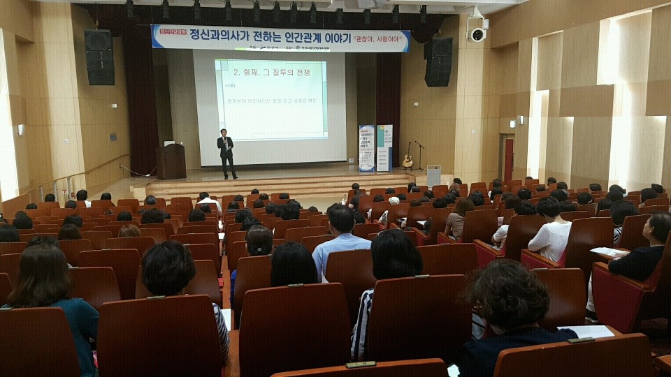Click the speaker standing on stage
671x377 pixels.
click(x=226, y=153)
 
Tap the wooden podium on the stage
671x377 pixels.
click(x=171, y=161)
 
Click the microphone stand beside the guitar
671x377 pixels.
click(x=420, y=155)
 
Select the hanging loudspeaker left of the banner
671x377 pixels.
click(x=99, y=57)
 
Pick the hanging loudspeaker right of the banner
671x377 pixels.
click(x=438, y=61)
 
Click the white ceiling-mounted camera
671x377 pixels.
click(x=477, y=34)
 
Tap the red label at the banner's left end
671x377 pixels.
click(x=169, y=31)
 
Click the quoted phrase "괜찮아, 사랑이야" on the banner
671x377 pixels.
click(x=380, y=39)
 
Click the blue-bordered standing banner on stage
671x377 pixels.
click(x=366, y=148)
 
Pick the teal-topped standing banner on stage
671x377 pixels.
click(x=384, y=148)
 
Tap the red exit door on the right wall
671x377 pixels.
click(x=508, y=159)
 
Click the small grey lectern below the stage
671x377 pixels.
click(x=433, y=175)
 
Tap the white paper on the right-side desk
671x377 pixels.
click(x=608, y=251)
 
